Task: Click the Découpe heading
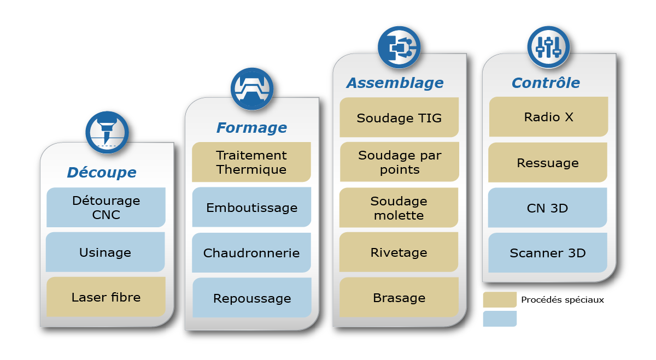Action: click(102, 173)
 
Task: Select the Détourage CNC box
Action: click(106, 208)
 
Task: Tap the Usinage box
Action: click(106, 252)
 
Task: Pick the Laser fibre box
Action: click(106, 297)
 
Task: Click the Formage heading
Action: click(251, 128)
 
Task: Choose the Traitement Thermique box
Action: click(251, 162)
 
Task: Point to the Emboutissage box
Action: click(251, 208)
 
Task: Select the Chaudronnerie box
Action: click(251, 253)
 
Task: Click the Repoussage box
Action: click(251, 298)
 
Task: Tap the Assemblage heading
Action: click(395, 83)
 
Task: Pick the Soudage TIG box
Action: click(399, 118)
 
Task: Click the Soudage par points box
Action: click(399, 162)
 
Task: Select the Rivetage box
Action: click(399, 252)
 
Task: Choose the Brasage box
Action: click(399, 298)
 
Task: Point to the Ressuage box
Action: click(548, 163)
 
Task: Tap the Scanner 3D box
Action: click(548, 253)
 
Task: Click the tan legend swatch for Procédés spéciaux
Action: click(500, 300)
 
